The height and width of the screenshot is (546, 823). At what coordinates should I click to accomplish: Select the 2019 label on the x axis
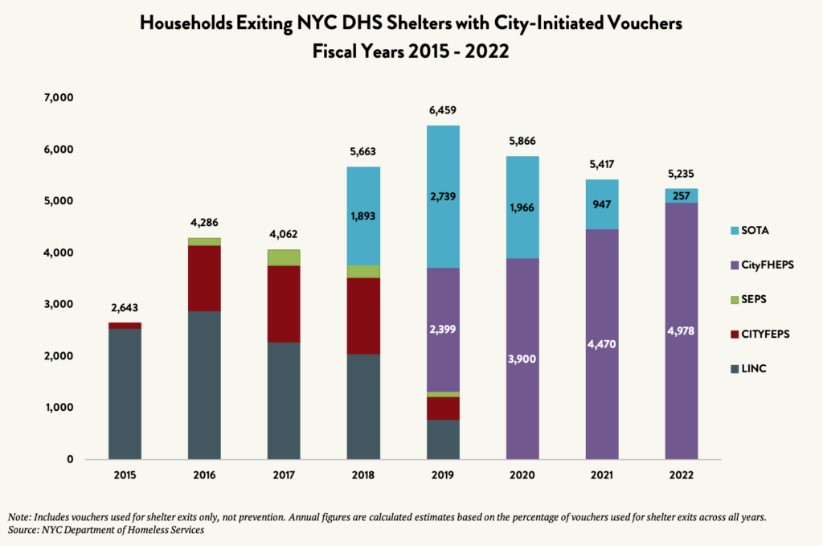tap(442, 475)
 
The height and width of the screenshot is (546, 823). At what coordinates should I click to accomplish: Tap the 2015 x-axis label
tap(125, 475)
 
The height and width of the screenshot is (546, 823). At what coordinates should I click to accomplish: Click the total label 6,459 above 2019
tap(443, 110)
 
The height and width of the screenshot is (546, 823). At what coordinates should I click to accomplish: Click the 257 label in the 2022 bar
tap(682, 195)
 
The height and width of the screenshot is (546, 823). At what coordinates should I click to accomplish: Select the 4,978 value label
tap(682, 330)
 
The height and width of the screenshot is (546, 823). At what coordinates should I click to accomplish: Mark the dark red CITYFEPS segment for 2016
tap(204, 278)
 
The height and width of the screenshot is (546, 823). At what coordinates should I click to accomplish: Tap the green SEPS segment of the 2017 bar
tap(284, 257)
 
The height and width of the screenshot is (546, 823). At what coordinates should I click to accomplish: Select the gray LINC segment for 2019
tap(443, 439)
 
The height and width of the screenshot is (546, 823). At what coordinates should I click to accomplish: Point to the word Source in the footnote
tap(24, 531)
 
